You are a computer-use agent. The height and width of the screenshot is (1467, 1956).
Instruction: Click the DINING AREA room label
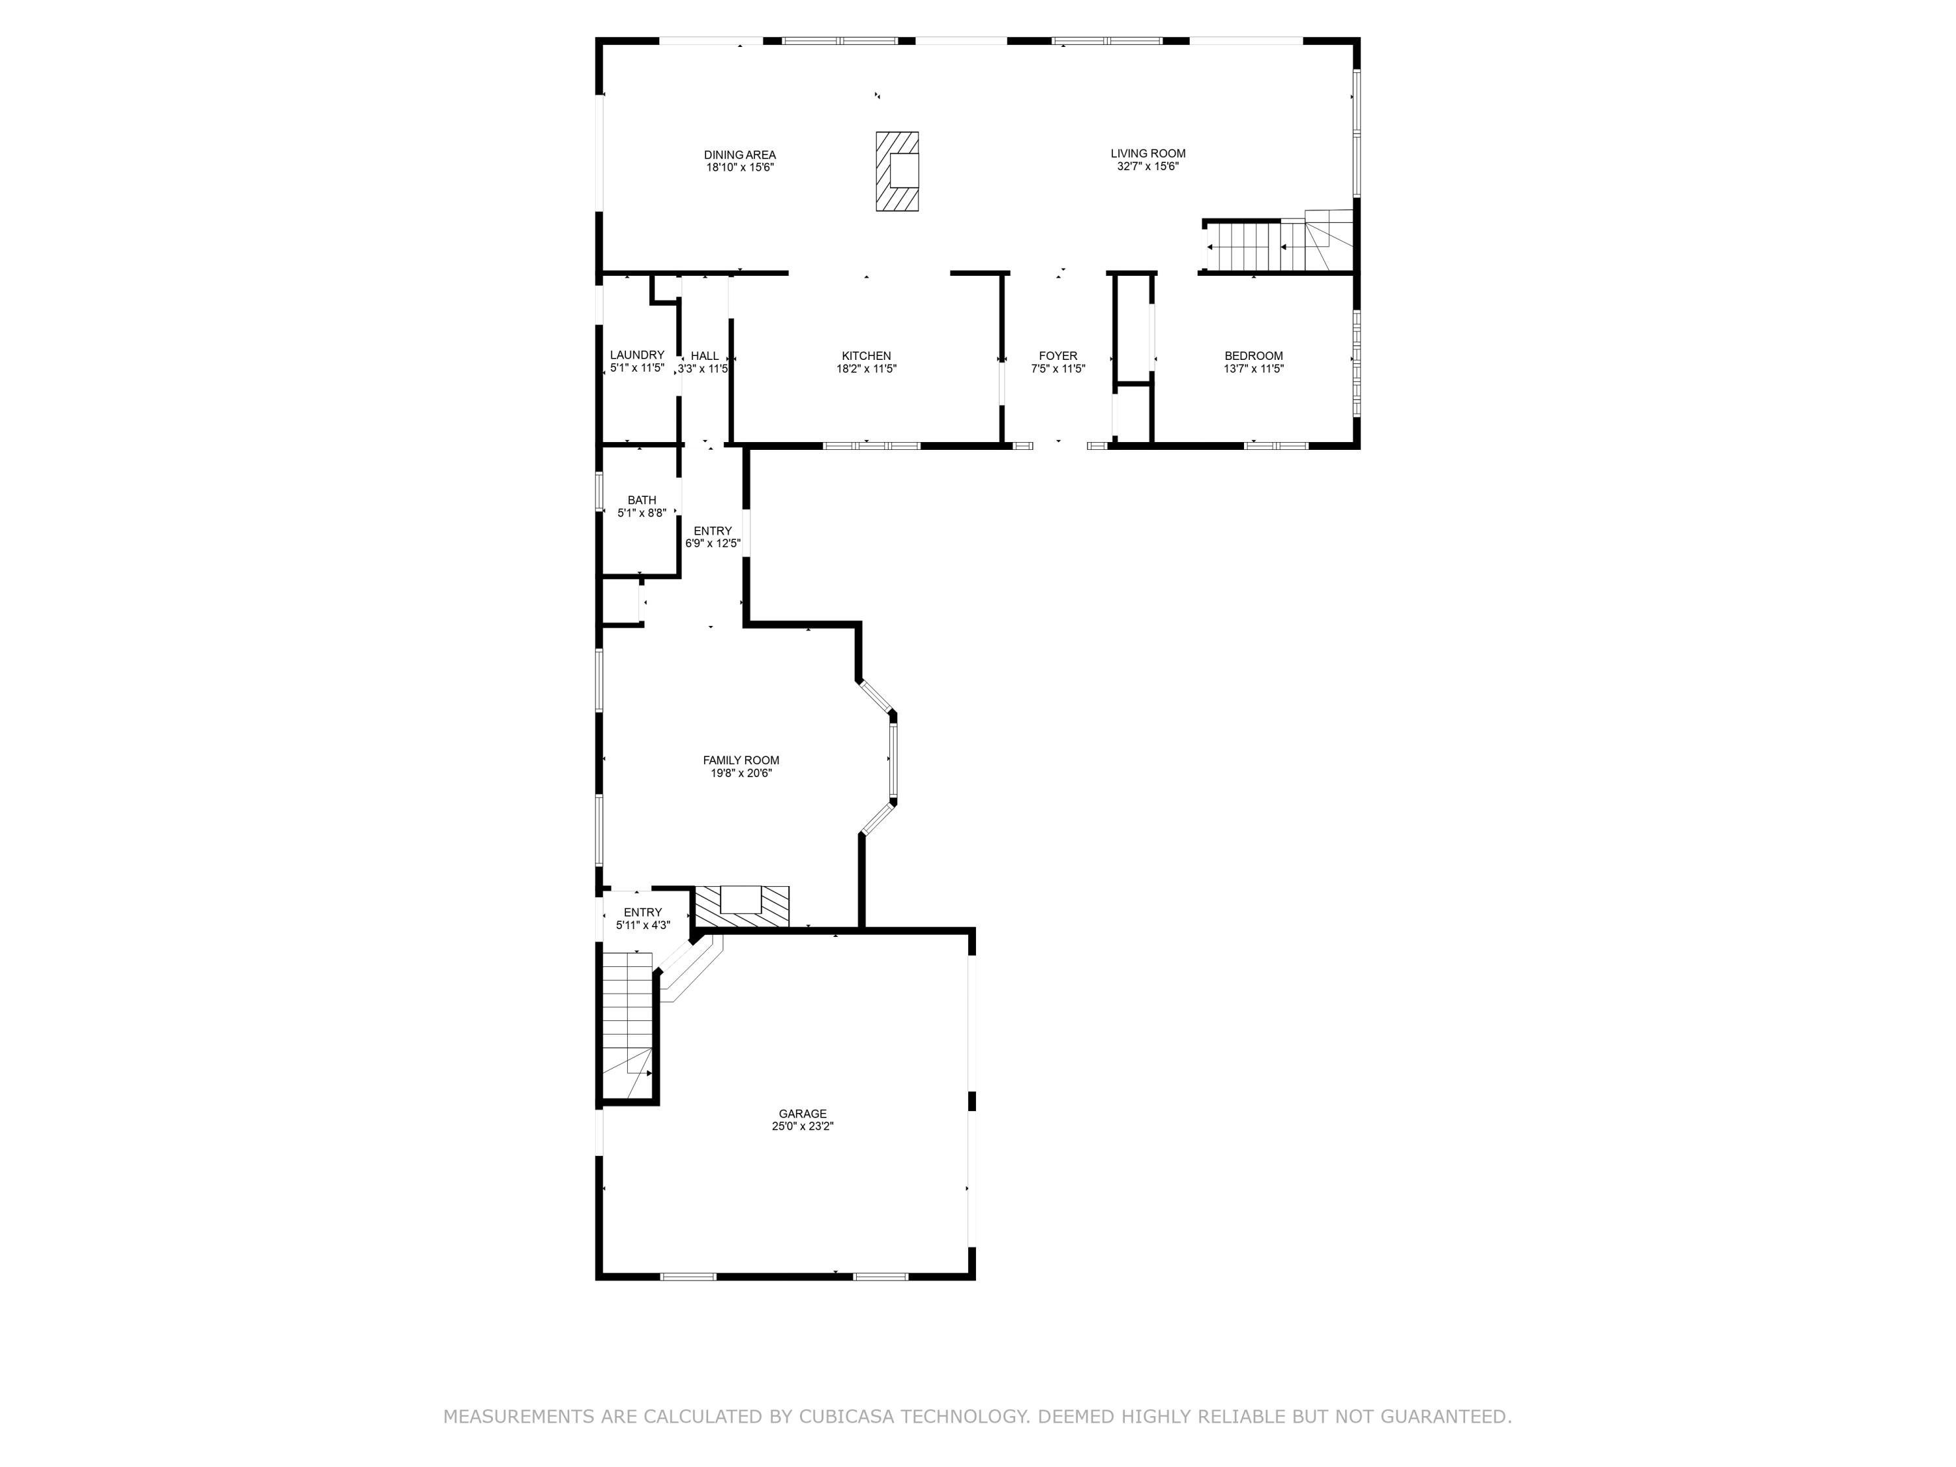[x=739, y=155]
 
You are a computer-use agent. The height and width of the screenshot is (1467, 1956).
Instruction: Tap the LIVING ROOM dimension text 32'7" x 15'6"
[x=1148, y=166]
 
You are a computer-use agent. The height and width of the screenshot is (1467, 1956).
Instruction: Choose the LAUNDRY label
[x=636, y=355]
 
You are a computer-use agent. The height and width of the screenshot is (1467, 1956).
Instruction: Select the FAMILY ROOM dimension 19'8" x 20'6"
[x=741, y=773]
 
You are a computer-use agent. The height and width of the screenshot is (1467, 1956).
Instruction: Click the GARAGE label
[x=802, y=1114]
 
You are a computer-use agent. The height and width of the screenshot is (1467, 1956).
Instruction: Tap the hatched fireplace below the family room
[x=741, y=906]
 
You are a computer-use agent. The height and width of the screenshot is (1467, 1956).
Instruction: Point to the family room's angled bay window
[x=892, y=757]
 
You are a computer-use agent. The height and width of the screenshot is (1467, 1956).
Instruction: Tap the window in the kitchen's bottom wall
[x=871, y=446]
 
